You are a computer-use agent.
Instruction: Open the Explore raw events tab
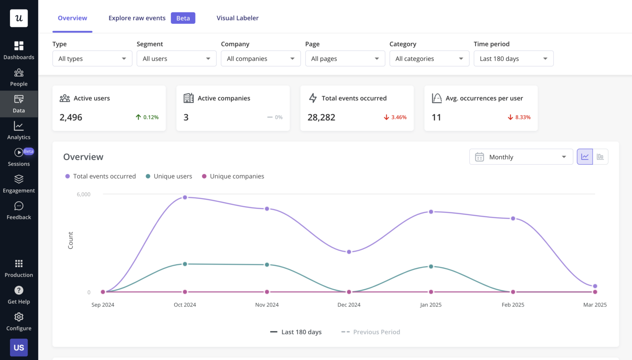(137, 18)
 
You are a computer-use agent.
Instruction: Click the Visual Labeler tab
(237, 18)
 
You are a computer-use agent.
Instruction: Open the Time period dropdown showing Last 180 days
(513, 58)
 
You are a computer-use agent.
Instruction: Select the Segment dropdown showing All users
(176, 58)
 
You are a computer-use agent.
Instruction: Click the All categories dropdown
(429, 58)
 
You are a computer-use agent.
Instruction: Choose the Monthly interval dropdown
(520, 157)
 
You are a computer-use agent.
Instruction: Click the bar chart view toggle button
(600, 157)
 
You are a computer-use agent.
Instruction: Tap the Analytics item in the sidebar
(19, 130)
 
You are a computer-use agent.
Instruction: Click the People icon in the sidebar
(19, 73)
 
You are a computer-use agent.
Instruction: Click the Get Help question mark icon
(19, 290)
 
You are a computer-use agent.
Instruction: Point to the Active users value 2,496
(71, 117)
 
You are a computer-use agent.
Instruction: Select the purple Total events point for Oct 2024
(185, 197)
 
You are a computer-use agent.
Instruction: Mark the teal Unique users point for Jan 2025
(431, 267)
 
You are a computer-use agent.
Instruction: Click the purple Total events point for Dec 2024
(349, 252)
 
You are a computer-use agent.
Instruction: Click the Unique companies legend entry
(233, 176)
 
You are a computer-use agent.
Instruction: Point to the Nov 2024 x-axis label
(267, 305)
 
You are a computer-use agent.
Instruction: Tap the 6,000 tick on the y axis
(84, 194)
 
